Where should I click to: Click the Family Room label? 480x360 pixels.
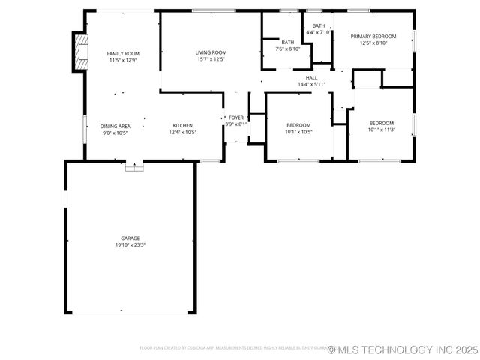coord(123,54)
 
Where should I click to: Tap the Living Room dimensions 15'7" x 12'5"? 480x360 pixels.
coord(211,59)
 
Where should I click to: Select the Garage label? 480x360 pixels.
coord(130,238)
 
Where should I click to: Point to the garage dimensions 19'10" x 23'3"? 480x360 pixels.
coord(130,245)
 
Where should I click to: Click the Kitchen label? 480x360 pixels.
coord(183,126)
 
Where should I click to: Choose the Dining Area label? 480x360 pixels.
coord(115,126)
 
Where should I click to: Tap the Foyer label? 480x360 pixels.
coord(236,118)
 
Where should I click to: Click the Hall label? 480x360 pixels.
coord(311,78)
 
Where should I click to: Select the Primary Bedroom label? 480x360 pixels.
coord(373,37)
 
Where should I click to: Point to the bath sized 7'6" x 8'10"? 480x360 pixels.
coord(288,46)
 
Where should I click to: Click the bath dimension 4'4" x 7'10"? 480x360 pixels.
coord(319,32)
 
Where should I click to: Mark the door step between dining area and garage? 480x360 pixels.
coord(134,167)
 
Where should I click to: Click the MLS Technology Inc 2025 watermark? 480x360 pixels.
coord(403,349)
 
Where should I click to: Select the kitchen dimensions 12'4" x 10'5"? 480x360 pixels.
coord(183,133)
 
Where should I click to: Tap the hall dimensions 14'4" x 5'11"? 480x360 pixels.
coord(311,84)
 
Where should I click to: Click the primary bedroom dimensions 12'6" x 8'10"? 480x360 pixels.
coord(373,43)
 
